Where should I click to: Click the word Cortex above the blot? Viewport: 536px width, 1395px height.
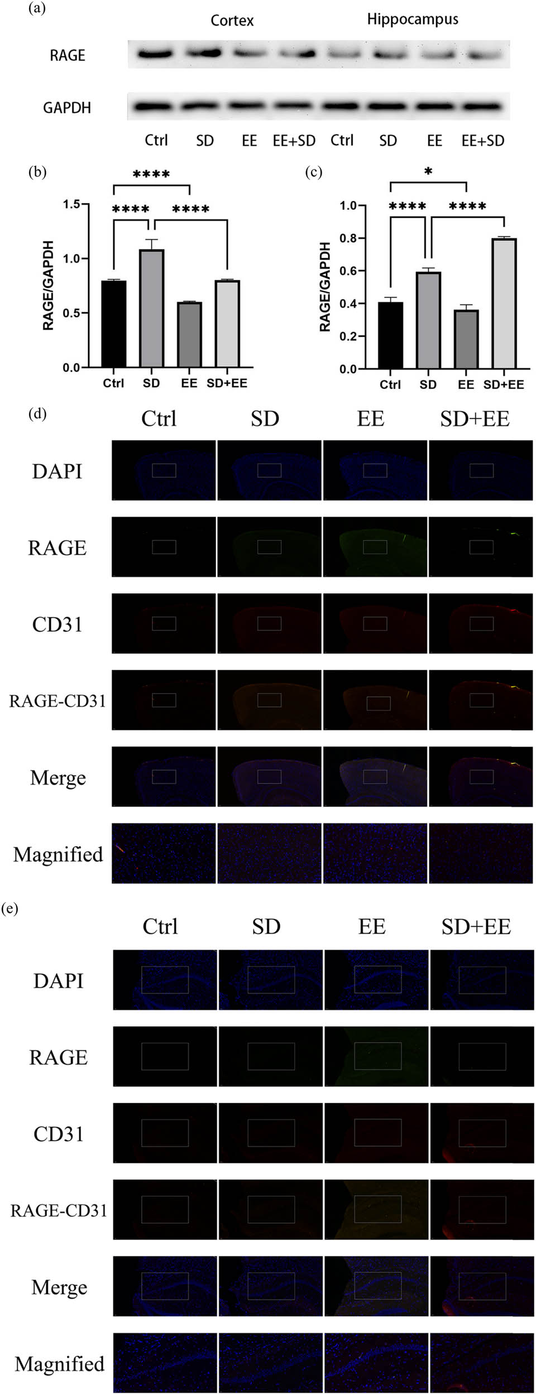click(232, 21)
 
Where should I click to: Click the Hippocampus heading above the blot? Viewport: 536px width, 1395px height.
click(412, 20)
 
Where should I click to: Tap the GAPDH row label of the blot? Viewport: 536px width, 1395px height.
click(66, 107)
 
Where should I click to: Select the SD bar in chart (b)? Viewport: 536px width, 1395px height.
click(151, 307)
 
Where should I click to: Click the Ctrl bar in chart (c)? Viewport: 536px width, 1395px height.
click(390, 335)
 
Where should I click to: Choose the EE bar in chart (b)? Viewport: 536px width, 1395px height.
click(189, 334)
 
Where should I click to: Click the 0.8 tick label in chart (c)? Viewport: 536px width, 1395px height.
click(348, 238)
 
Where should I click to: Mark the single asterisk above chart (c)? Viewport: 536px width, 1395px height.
click(428, 171)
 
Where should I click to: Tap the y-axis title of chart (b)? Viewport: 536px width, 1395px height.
click(49, 285)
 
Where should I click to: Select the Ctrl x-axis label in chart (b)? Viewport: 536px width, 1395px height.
click(113, 383)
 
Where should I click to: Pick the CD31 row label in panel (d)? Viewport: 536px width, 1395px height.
click(57, 624)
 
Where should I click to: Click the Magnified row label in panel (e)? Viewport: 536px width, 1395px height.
click(59, 1364)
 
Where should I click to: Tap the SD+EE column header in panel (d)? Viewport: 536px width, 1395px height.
click(475, 419)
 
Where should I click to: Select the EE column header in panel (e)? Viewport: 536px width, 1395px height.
click(372, 926)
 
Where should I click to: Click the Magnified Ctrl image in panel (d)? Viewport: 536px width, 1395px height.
click(164, 853)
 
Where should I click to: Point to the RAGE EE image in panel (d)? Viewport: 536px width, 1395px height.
click(375, 547)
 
